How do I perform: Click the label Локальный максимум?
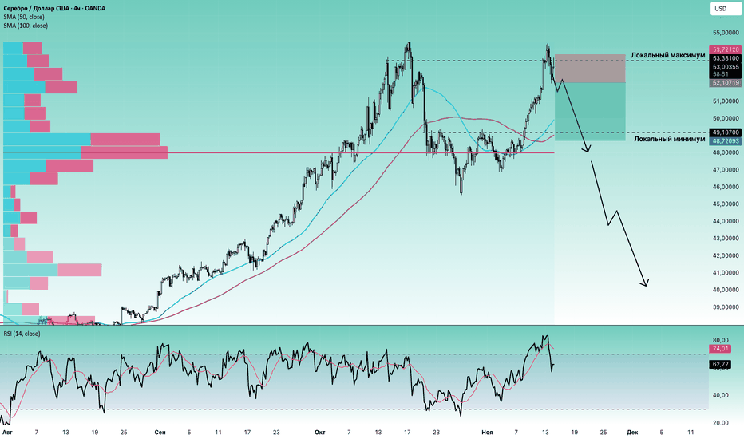point(668,56)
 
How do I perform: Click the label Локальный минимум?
point(670,139)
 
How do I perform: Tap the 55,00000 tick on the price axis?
point(724,33)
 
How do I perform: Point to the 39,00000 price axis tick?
point(724,307)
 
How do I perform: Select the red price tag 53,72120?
point(724,49)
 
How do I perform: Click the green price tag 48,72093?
point(724,140)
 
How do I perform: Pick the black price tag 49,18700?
point(724,132)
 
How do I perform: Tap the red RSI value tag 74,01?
point(719,348)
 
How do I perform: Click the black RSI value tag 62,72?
point(719,365)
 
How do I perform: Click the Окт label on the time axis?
point(319,432)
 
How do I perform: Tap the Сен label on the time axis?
point(160,432)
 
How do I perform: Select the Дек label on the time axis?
point(631,432)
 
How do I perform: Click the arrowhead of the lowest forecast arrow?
point(645,283)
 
